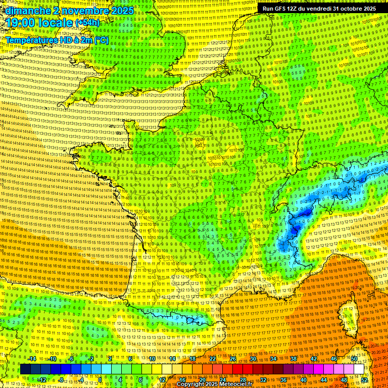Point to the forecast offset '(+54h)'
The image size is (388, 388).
88,23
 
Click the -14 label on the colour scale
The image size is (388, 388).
31,359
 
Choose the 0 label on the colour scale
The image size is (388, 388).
100,380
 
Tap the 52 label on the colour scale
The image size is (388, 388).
364,380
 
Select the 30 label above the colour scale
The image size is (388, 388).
253,359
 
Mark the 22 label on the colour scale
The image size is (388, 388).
213,359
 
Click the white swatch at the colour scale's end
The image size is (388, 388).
359,369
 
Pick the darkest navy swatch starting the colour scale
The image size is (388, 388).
25,369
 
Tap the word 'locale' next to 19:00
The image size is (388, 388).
58,23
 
